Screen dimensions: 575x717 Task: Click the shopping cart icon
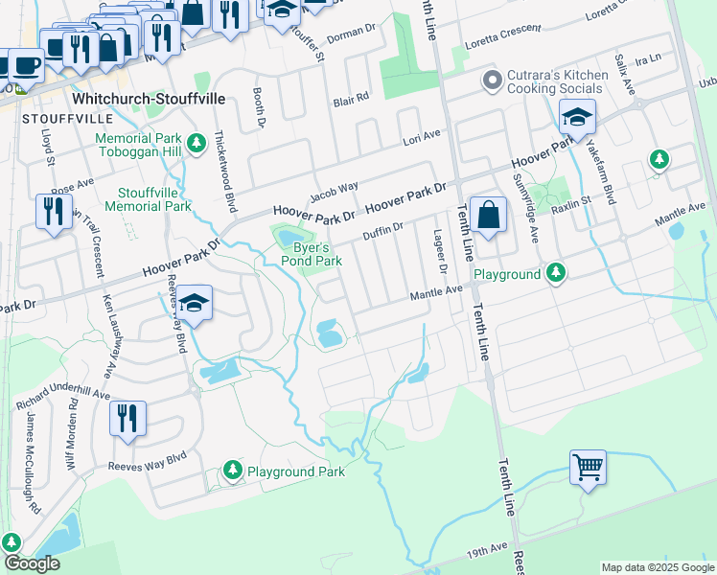(589, 468)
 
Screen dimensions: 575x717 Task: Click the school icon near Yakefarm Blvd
(577, 118)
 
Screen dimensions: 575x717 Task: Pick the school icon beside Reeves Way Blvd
(194, 304)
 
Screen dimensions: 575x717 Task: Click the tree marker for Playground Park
(232, 470)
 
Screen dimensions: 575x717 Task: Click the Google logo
(33, 563)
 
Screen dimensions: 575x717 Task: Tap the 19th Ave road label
(486, 549)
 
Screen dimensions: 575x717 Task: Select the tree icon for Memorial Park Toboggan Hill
(196, 144)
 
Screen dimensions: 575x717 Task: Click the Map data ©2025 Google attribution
(656, 566)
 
